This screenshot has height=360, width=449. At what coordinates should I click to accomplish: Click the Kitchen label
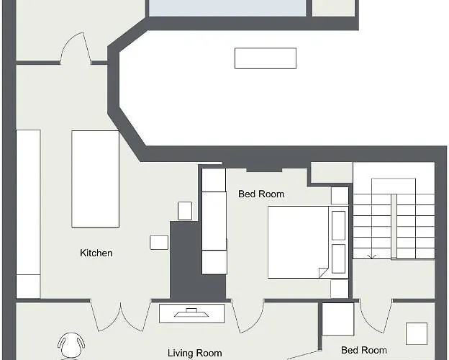point(96,253)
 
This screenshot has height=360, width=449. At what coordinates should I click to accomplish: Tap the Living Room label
point(195,353)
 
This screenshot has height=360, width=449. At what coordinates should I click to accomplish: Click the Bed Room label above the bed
point(261,194)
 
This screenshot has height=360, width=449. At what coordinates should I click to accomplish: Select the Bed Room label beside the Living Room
point(364,350)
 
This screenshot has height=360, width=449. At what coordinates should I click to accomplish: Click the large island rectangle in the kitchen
point(96,179)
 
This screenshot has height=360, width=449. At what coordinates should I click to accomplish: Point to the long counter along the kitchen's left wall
point(28,214)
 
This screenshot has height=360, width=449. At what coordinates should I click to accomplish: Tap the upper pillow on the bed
point(338,225)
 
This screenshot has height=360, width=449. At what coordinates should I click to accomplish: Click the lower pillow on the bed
point(338,258)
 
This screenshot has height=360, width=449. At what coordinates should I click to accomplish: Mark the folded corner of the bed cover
point(324,273)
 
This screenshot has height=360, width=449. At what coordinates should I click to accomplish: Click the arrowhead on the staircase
point(372,256)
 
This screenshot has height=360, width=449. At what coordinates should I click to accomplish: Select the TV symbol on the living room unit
point(191,312)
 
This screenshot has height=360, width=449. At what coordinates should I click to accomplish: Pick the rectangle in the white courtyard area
point(266,58)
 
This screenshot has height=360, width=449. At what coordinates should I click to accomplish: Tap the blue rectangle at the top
point(227,8)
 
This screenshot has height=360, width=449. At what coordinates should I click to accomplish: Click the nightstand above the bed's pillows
point(340,196)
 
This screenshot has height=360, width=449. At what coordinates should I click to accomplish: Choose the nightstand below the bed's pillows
point(340,289)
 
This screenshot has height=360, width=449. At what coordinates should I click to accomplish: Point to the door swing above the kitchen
point(76,48)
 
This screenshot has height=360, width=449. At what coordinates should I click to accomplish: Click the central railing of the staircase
point(394,227)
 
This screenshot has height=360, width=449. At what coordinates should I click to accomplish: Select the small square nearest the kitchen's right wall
point(185,211)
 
